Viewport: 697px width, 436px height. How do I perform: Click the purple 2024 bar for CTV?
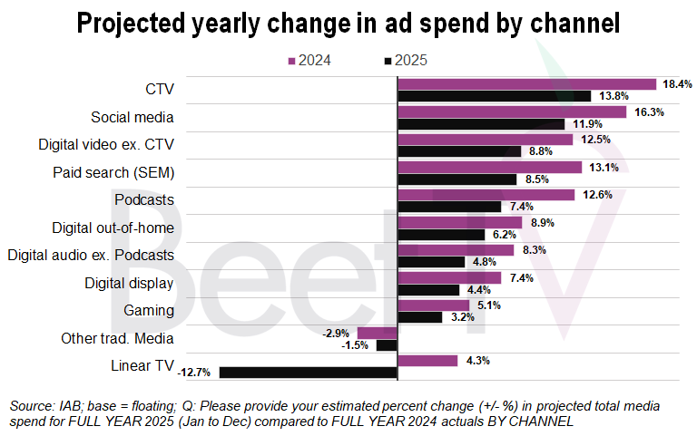coord(526,84)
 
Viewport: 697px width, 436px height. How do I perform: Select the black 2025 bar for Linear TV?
coord(309,372)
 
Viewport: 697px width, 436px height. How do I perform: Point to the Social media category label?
coord(133,117)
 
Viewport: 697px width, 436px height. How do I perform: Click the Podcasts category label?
coord(144,199)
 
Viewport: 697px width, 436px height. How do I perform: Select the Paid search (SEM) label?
coord(115,172)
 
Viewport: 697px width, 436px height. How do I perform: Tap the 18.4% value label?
coord(677,84)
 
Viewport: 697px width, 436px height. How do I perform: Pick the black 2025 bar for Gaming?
coord(420,317)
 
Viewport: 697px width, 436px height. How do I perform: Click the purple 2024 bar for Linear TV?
coord(427,361)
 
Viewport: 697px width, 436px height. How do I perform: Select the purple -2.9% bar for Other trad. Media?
coord(378,334)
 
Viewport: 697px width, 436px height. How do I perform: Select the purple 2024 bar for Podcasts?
coord(486,195)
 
